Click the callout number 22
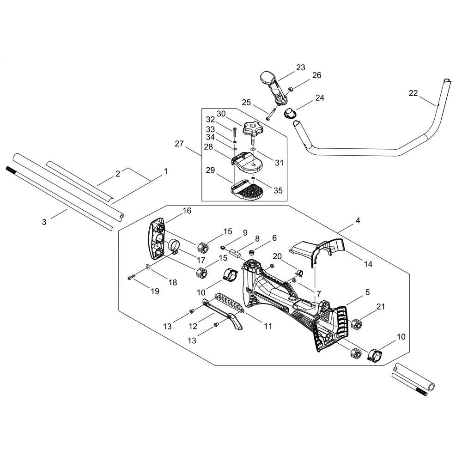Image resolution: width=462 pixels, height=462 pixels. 413,93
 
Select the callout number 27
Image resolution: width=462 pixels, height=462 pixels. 179,144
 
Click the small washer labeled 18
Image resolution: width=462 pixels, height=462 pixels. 148,267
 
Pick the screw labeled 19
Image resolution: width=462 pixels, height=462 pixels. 131,277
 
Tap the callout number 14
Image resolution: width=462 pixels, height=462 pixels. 368,264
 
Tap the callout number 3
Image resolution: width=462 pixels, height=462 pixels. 44,222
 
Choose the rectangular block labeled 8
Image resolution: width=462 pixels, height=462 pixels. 236,253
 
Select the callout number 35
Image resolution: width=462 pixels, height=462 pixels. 278,190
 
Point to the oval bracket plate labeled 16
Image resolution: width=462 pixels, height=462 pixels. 157,239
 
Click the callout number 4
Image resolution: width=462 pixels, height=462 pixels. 358,220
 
